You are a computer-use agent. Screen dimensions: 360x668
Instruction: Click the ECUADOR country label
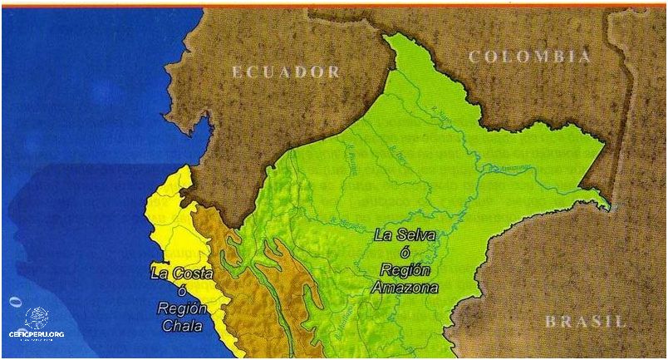286,72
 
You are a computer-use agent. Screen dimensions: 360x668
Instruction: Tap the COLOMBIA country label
530,57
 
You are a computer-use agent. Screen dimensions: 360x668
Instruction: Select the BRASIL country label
585,321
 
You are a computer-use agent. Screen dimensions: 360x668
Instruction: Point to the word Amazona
406,287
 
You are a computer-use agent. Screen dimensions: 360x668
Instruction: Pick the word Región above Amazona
405,269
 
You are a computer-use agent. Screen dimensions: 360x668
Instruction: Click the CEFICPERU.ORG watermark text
37,334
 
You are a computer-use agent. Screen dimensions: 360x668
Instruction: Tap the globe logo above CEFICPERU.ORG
37,317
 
